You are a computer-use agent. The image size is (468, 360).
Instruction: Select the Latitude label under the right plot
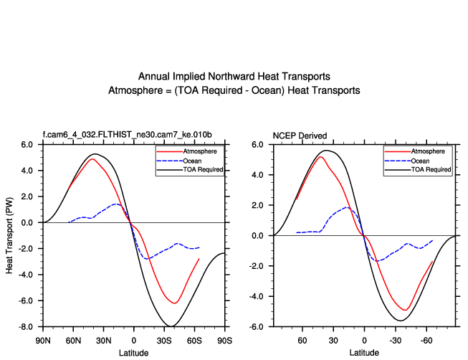364,352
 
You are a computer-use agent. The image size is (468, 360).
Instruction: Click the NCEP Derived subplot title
300,136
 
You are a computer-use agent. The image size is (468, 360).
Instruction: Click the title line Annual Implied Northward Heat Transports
234,77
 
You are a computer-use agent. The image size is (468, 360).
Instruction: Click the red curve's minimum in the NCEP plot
405,310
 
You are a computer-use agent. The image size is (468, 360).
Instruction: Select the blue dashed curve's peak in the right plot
347,207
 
